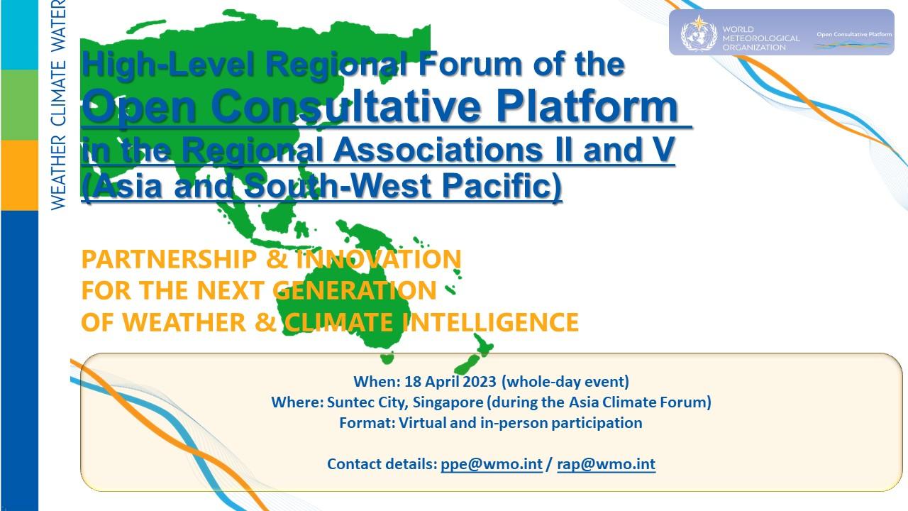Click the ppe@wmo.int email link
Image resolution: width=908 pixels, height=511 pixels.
[491, 464]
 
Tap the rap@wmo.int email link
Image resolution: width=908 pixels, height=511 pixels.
[606, 464]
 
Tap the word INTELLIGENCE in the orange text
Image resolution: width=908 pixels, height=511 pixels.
[490, 322]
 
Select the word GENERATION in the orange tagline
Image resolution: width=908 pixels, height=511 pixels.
[355, 290]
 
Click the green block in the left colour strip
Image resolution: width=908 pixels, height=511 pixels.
[19, 104]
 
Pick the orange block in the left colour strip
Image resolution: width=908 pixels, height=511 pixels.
[19, 175]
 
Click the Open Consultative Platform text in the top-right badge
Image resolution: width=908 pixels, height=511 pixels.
[853, 33]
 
